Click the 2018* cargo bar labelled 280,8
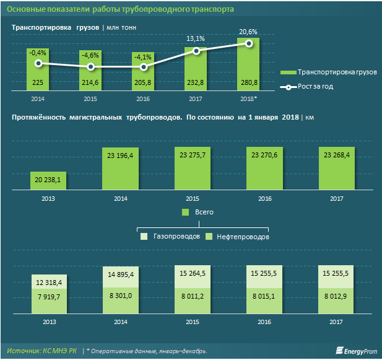click(248, 65)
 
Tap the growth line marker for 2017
click(196, 51)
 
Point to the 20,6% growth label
click(248, 31)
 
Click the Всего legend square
click(185, 212)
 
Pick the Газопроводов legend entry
click(170, 237)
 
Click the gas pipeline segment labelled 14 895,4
click(119, 274)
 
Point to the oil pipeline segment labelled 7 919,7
click(48, 297)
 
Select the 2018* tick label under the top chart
click(248, 98)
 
